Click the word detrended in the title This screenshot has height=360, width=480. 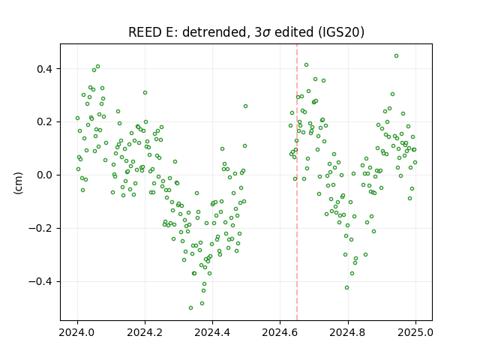(x=214, y=32)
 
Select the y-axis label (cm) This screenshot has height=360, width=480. (x=18, y=183)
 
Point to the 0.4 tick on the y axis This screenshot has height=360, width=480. (x=44, y=69)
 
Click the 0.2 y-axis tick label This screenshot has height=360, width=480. (x=44, y=121)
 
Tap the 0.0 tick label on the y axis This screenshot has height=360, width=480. (x=44, y=175)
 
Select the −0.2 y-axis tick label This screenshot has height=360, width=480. (x=40, y=228)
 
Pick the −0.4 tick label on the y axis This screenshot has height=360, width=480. (x=40, y=282)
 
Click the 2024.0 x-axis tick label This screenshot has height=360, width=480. (x=77, y=332)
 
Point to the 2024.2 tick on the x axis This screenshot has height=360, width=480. (x=145, y=332)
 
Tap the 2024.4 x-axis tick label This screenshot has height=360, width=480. (x=212, y=332)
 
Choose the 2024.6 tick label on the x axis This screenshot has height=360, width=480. (x=280, y=332)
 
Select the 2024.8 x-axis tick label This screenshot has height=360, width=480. (x=348, y=332)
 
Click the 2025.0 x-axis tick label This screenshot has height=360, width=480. (x=415, y=332)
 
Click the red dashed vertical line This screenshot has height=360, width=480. (x=297, y=182)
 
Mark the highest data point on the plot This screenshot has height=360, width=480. (x=396, y=56)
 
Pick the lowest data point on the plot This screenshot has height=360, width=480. (x=190, y=308)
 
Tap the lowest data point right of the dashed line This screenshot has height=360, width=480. (x=346, y=288)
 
